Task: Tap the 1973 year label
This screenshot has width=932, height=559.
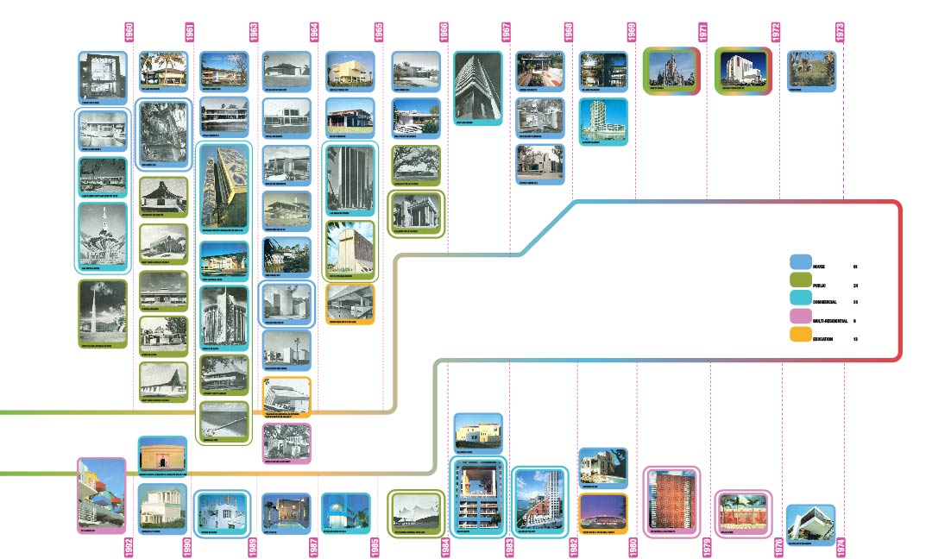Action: [x=840, y=32]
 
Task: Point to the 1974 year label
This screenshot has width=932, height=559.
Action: [x=840, y=545]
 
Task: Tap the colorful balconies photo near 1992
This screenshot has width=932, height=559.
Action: [x=102, y=493]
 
